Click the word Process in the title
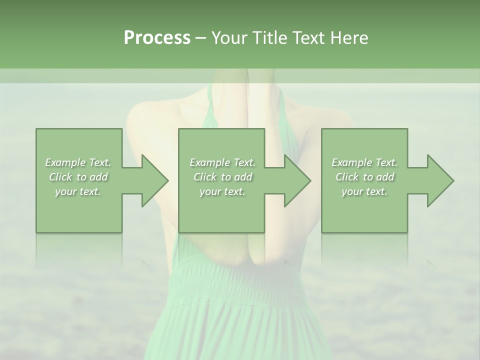click(157, 37)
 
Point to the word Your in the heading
click(229, 37)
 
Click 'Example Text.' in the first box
click(78, 162)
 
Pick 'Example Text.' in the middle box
click(222, 162)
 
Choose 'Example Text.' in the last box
click(364, 162)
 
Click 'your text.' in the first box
click(78, 191)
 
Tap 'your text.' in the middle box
click(222, 191)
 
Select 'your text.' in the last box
click(364, 191)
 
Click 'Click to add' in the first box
click(78, 177)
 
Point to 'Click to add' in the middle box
click(222, 177)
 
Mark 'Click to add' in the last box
click(364, 177)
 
